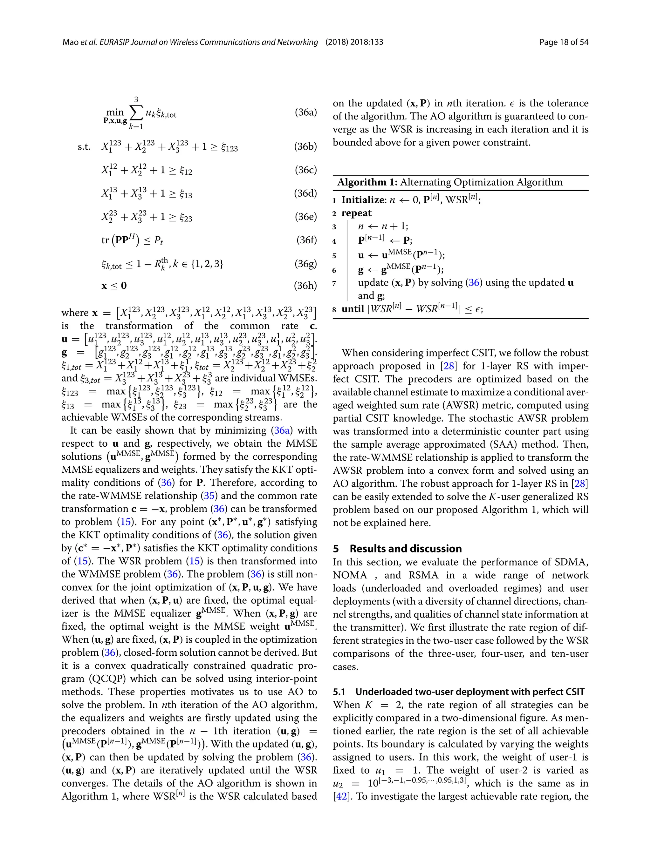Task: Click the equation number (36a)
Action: click(x=305, y=113)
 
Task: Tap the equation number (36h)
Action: click(x=305, y=286)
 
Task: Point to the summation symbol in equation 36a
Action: click(x=136, y=113)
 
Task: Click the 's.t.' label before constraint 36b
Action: click(x=84, y=147)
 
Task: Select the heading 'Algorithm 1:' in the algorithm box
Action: click(x=367, y=182)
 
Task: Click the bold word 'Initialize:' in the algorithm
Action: click(x=364, y=200)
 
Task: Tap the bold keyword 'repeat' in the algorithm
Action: click(x=356, y=213)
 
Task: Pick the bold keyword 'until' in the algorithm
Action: click(x=353, y=309)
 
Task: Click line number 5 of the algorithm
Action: click(x=334, y=256)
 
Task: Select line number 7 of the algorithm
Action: click(x=334, y=283)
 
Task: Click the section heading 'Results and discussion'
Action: click(x=405, y=549)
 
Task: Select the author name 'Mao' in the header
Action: click(x=71, y=42)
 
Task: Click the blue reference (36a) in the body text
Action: click(x=281, y=430)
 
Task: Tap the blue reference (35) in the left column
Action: click(x=209, y=496)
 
